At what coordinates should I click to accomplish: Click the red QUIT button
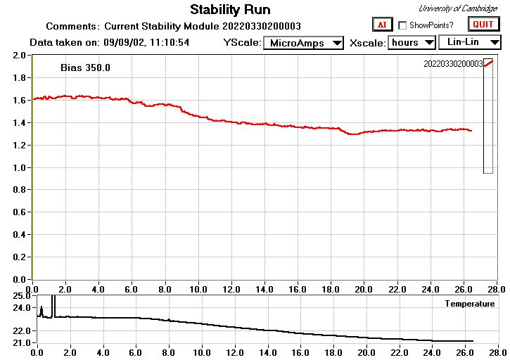point(483,25)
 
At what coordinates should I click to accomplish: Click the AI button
point(382,25)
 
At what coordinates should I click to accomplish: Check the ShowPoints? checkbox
point(402,25)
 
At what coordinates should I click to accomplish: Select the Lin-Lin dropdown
point(469,42)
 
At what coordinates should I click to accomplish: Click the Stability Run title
point(230,10)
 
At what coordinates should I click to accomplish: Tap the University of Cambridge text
point(457,8)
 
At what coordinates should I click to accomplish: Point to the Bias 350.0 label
point(86,68)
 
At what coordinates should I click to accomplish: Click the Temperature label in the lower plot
point(469,304)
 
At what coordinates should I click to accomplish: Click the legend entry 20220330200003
point(453,64)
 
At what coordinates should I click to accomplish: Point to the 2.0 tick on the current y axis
point(19,56)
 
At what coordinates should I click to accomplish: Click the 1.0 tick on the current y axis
point(19,168)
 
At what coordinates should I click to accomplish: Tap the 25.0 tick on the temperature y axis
point(19,296)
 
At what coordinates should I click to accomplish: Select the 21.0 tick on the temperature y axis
point(19,342)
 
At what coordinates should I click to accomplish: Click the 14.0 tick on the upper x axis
point(264,289)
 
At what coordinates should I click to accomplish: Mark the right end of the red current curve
point(471,131)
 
